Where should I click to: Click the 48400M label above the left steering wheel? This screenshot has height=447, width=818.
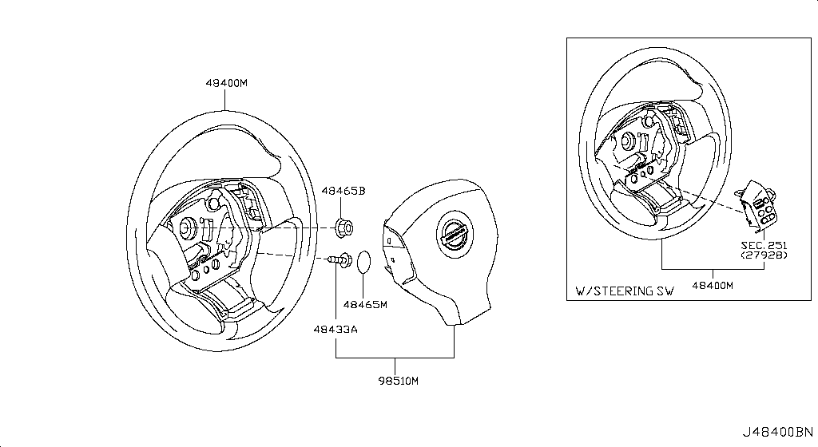pyautogui.click(x=227, y=83)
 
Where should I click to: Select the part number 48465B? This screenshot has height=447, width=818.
pyautogui.click(x=343, y=192)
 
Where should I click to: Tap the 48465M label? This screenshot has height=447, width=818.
pyautogui.click(x=365, y=304)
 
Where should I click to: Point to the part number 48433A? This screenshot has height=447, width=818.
pyautogui.click(x=336, y=329)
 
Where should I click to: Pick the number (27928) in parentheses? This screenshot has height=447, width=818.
pyautogui.click(x=763, y=255)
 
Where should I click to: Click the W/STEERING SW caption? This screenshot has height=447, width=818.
pyautogui.click(x=625, y=291)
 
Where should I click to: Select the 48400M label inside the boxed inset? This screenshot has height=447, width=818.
pyautogui.click(x=713, y=285)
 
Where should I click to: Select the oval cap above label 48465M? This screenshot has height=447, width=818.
pyautogui.click(x=364, y=262)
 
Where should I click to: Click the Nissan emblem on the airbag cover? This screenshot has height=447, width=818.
pyautogui.click(x=452, y=234)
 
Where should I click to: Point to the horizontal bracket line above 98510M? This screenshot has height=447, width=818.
pyautogui.click(x=395, y=354)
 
